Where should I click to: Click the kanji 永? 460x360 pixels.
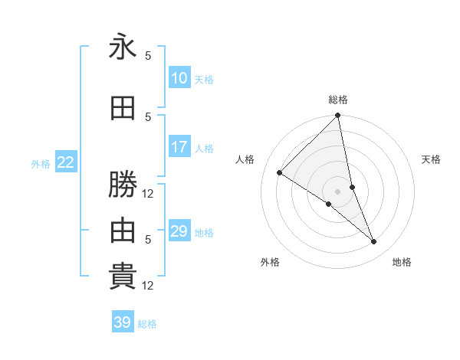click(123, 47)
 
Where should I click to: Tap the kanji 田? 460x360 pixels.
click(123, 109)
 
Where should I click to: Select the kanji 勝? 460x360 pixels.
click(123, 185)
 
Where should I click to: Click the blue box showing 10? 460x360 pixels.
click(179, 78)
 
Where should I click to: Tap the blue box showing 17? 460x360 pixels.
click(179, 147)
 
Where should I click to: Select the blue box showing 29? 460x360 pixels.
click(179, 231)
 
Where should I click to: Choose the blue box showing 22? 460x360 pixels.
click(66, 162)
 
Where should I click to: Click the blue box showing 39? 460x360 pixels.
click(123, 322)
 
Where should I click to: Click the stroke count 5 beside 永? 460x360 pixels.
click(148, 56)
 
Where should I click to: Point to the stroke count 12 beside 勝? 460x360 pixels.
click(149, 194)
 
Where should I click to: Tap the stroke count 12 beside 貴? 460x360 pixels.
click(149, 286)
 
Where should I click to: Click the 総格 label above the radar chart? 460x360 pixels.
click(338, 100)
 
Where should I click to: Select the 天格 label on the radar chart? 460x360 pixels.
click(431, 159)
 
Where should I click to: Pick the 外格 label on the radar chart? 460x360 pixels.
click(270, 262)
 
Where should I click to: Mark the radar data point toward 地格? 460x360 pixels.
click(374, 242)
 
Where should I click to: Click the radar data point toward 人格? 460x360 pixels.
click(280, 173)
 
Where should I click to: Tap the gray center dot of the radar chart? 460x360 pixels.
click(338, 191)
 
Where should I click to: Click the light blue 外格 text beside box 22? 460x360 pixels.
click(41, 163)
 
